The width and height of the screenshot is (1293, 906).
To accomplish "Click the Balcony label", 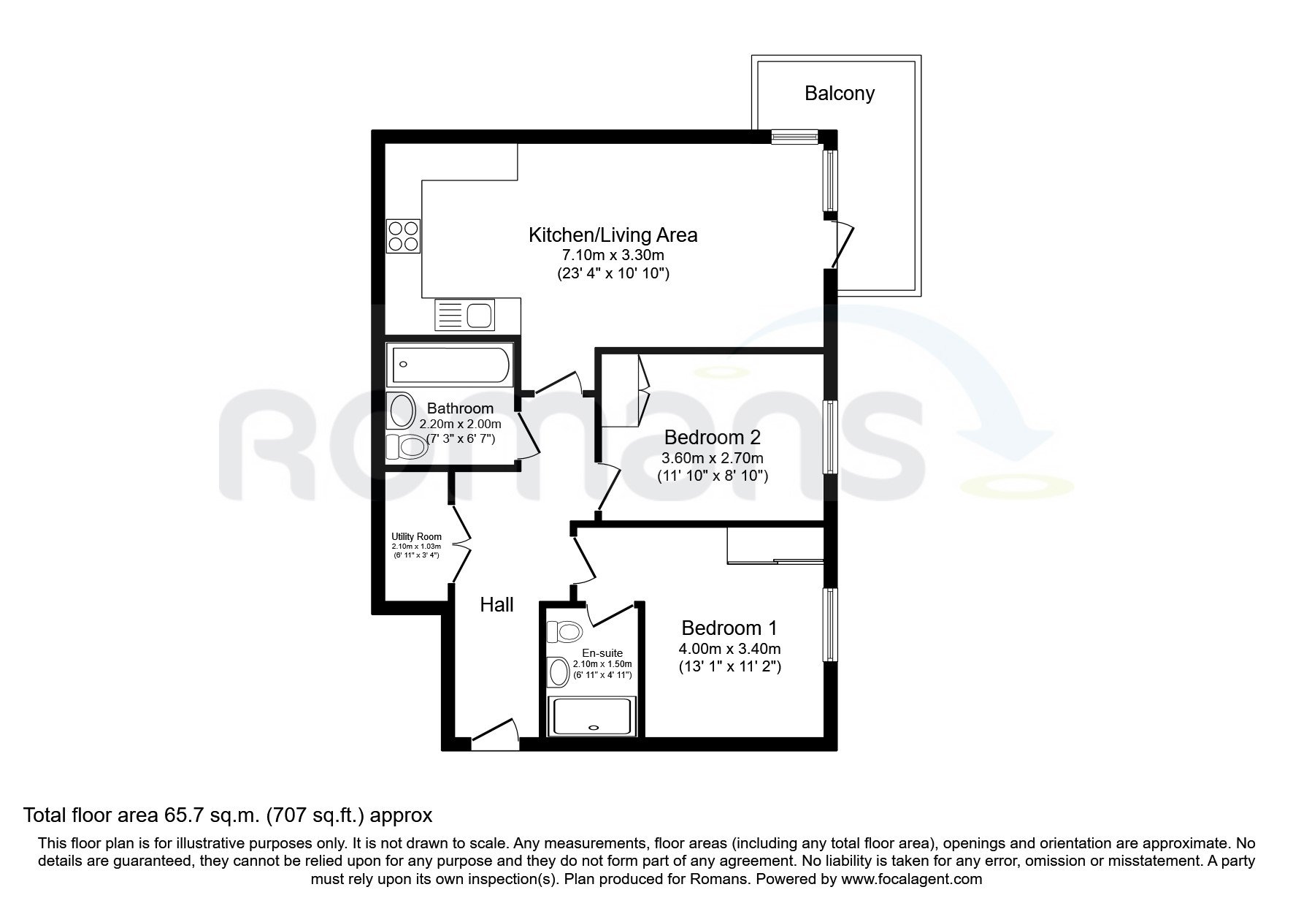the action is tap(839, 94).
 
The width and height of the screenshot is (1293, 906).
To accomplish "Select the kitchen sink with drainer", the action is tap(464, 316).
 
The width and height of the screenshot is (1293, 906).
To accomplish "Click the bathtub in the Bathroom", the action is tap(450, 365).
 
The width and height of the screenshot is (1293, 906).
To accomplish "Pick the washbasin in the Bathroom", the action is tap(402, 411).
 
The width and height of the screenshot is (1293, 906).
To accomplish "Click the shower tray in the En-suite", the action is tap(593, 716).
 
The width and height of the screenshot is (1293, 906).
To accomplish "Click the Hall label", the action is tap(496, 604).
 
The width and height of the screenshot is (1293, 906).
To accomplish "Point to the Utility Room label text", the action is tap(416, 537).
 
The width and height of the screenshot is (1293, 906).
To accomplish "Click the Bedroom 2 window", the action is tap(831, 438).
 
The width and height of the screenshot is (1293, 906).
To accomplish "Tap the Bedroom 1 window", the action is tap(831, 625).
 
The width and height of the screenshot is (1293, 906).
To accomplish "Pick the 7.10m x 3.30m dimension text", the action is tap(613, 255).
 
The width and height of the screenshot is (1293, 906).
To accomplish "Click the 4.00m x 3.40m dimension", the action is tap(729, 648).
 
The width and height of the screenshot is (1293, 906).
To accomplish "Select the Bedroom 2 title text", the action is tap(713, 438).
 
